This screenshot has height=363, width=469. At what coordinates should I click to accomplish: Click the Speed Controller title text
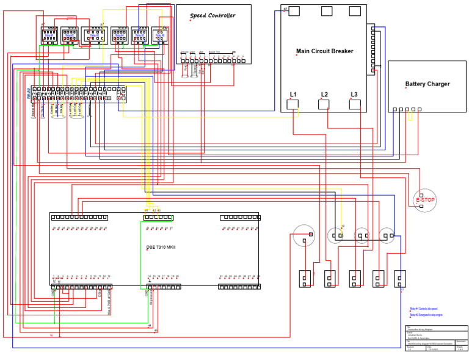point(212,15)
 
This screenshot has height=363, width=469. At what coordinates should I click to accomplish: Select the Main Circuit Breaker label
point(324,51)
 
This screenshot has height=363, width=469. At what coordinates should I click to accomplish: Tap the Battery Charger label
point(427,84)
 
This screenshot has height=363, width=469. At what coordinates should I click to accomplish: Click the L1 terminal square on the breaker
point(293,104)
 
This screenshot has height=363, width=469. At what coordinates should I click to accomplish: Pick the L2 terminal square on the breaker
point(324,104)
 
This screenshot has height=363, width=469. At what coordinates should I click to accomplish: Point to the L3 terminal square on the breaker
point(355,104)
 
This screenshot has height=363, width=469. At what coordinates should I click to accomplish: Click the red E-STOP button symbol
point(425,200)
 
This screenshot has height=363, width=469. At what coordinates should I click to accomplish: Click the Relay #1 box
point(49,36)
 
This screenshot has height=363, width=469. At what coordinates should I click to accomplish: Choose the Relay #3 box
point(94,36)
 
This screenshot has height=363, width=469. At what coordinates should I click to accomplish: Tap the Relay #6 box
point(160,36)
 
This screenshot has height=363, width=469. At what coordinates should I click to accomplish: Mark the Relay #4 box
point(118,36)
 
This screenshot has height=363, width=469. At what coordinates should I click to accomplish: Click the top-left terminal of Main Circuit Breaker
point(294,11)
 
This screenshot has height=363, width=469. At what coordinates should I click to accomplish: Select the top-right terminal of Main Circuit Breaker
point(355,11)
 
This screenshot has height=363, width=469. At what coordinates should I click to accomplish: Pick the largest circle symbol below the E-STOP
point(302,236)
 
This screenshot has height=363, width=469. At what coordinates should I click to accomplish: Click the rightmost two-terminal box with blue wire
point(400,279)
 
